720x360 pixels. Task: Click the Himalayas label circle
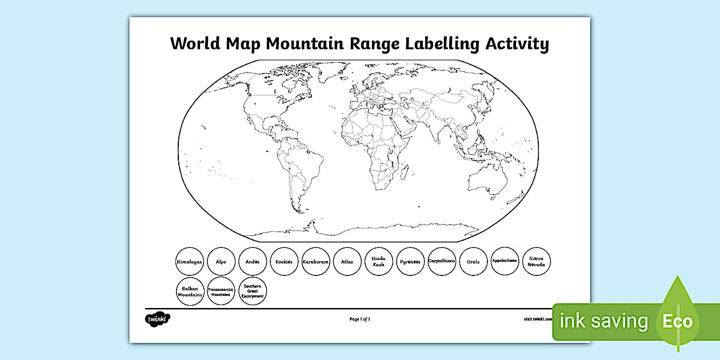pyautogui.click(x=190, y=262)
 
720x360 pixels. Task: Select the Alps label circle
pyautogui.click(x=221, y=262)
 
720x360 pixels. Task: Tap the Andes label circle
pyautogui.click(x=253, y=262)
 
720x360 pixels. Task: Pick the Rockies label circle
pyautogui.click(x=284, y=262)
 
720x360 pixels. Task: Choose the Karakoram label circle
pyautogui.click(x=316, y=262)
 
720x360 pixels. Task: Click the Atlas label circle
pyautogui.click(x=347, y=262)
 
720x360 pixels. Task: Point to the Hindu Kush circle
pyautogui.click(x=379, y=262)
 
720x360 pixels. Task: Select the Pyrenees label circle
pyautogui.click(x=410, y=262)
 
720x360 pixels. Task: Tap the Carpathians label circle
pyautogui.click(x=442, y=262)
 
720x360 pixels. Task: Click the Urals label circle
pyautogui.click(x=473, y=262)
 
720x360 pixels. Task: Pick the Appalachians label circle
pyautogui.click(x=505, y=262)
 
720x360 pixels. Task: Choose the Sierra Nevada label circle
pyautogui.click(x=537, y=262)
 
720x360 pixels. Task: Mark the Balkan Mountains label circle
pyautogui.click(x=190, y=291)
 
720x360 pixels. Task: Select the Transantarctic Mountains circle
pyautogui.click(x=221, y=291)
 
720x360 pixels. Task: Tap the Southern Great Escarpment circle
pyautogui.click(x=253, y=291)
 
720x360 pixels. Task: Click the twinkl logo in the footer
pyautogui.click(x=157, y=318)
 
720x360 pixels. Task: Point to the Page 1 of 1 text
pyautogui.click(x=360, y=319)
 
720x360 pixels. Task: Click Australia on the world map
pyautogui.click(x=487, y=181)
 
